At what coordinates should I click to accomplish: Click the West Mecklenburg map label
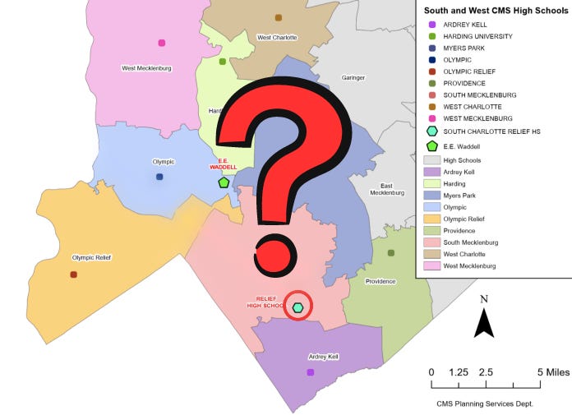[146, 68]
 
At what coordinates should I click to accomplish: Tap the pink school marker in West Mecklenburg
[162, 43]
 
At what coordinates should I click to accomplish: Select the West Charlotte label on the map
[277, 38]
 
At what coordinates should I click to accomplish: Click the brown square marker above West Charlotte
[279, 17]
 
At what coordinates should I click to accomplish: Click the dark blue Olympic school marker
[159, 177]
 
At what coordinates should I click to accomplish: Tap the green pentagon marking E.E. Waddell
[224, 182]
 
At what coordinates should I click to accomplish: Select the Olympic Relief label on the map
[91, 257]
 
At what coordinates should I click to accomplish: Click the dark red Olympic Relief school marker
[74, 274]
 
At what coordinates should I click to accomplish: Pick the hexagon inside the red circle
[298, 307]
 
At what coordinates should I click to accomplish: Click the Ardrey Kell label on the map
[323, 357]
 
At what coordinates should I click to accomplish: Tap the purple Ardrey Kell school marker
[311, 372]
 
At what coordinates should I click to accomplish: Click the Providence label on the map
[381, 281]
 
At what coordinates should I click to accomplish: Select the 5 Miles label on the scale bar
[551, 372]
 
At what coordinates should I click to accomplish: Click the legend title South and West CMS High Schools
[492, 11]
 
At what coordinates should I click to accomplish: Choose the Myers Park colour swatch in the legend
[431, 196]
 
